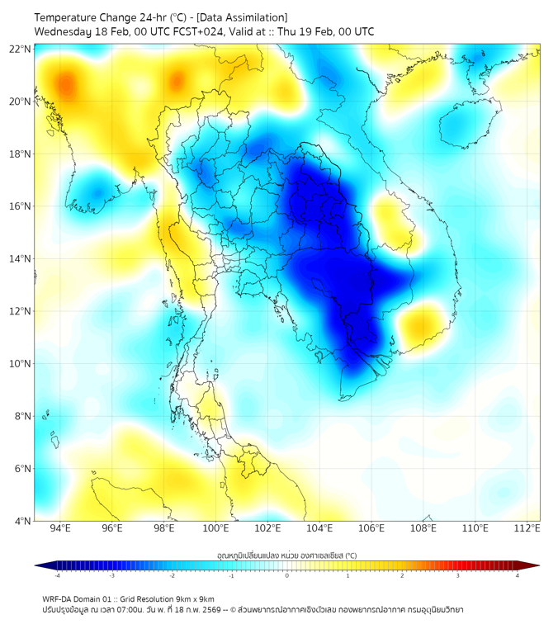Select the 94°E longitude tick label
pos(59,528)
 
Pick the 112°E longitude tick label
pos(527,528)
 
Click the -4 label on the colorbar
pos(56,575)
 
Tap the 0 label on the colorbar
pos(287,575)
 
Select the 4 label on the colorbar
pos(518,575)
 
